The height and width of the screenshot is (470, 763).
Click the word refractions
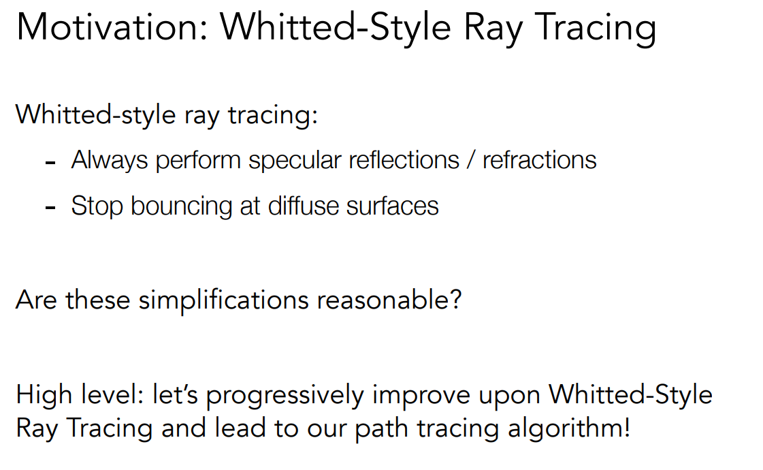pos(540,160)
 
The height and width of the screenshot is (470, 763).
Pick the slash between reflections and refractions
pos(471,160)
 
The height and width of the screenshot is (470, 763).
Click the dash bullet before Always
pos(50,163)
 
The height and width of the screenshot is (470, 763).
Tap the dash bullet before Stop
pos(50,208)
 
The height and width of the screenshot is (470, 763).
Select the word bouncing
pos(181,206)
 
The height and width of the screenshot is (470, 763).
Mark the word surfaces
pos(392,205)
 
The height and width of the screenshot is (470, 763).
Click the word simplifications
pos(224,300)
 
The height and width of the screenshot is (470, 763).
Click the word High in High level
pos(44,395)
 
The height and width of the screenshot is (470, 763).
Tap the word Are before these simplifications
pos(37,300)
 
